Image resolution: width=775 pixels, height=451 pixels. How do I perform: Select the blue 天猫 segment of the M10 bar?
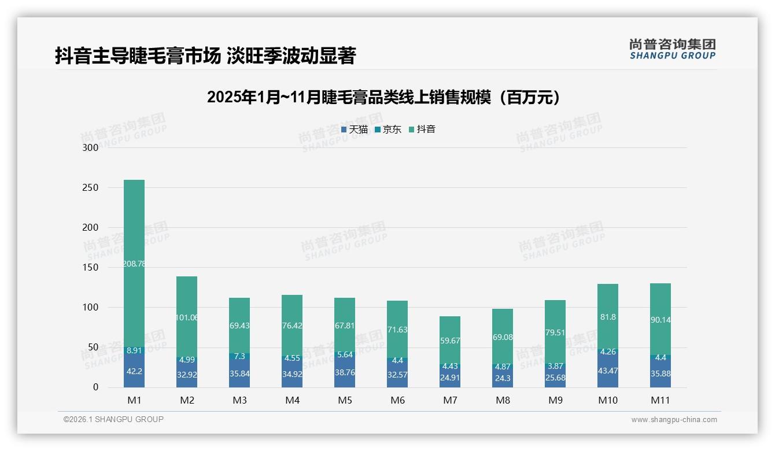point(608,370)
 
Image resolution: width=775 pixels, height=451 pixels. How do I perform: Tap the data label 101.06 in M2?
point(187,317)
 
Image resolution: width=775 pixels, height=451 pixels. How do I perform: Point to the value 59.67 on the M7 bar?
point(450,341)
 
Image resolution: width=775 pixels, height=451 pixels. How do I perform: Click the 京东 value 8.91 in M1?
point(134,350)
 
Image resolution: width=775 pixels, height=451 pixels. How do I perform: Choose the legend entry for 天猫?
point(354,130)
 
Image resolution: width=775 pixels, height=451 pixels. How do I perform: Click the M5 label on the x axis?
point(345,400)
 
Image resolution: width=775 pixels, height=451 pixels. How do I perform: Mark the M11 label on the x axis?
point(660,400)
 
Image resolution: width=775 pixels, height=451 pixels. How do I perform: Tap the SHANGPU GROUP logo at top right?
point(672,49)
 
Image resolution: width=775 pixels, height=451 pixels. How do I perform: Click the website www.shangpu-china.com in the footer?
point(674,420)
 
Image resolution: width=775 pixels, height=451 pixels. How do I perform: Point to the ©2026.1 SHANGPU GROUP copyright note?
point(113,419)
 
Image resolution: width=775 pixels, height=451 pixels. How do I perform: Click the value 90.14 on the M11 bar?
point(660,319)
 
